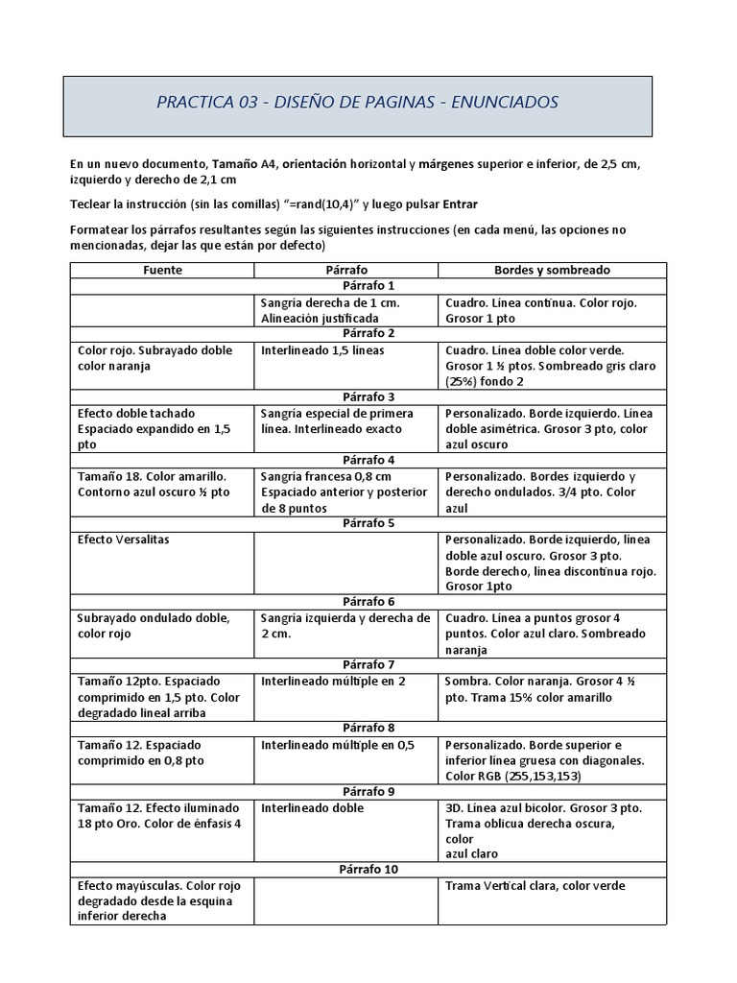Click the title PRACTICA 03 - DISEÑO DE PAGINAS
(x=357, y=103)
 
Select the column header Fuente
(x=162, y=270)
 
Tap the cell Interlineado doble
(x=312, y=808)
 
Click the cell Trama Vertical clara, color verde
(x=535, y=885)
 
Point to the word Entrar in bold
(x=459, y=204)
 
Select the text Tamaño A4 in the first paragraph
(x=245, y=164)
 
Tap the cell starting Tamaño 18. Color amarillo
(x=154, y=484)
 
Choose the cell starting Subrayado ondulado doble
(x=154, y=626)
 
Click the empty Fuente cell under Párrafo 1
(x=162, y=310)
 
